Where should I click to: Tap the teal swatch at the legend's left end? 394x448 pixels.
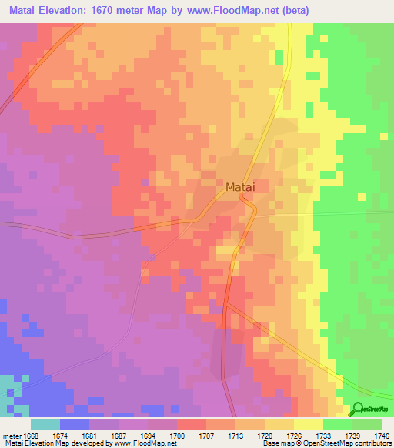45,424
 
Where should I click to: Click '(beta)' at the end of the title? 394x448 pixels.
332,10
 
